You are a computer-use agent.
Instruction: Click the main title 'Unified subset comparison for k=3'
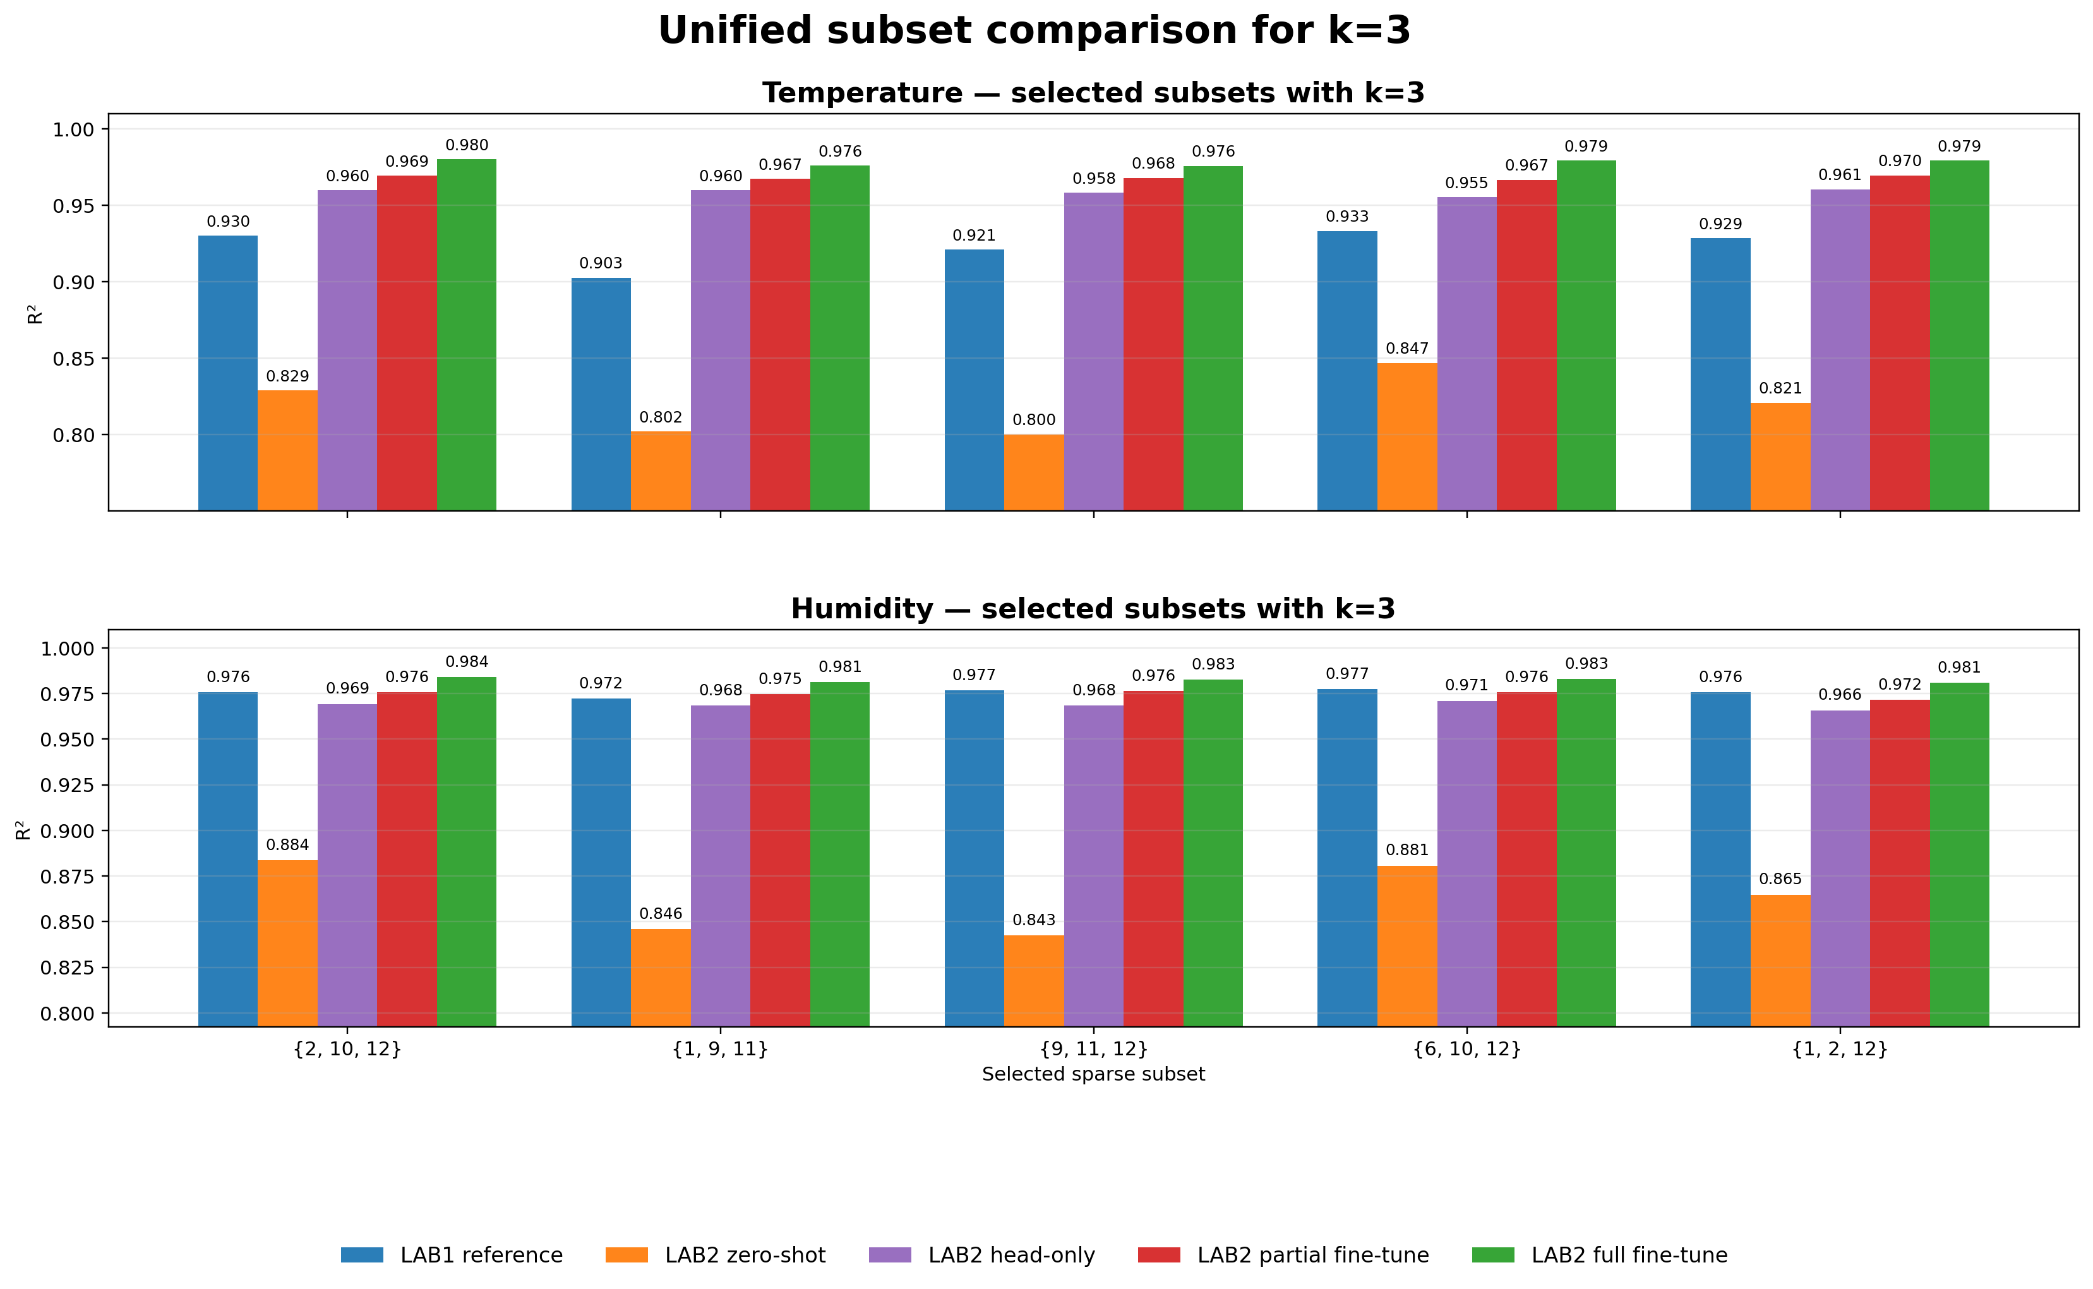click(1034, 31)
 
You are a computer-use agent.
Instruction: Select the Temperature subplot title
click(1093, 92)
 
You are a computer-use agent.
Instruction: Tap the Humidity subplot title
click(1093, 609)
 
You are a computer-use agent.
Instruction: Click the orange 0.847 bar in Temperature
click(1406, 436)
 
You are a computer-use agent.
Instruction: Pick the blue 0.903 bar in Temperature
click(601, 394)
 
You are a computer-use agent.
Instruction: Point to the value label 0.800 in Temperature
click(1033, 419)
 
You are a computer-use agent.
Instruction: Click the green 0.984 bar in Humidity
click(466, 851)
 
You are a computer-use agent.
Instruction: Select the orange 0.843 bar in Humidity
click(1033, 980)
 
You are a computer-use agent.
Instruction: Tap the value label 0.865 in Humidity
click(1780, 879)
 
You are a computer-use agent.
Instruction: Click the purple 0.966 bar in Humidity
click(1840, 868)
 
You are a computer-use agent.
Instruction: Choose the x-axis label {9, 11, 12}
click(1093, 1048)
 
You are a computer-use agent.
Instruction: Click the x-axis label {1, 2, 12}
click(1840, 1048)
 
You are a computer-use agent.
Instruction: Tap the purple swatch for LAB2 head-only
click(889, 1255)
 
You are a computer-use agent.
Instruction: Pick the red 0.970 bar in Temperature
click(1900, 343)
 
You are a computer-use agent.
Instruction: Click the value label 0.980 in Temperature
click(466, 146)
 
